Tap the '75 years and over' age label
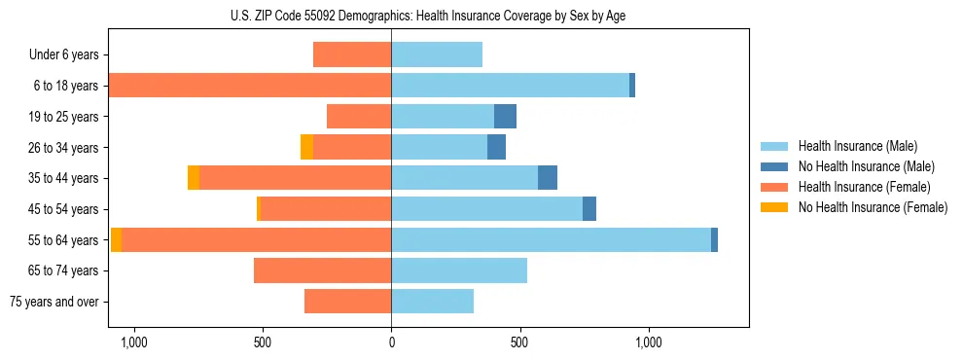[x=54, y=302]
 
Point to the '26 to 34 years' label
[x=61, y=148]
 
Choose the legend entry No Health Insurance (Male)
[x=866, y=166]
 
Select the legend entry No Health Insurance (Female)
[x=873, y=207]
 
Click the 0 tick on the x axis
[x=391, y=342]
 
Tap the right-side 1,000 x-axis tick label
[x=649, y=342]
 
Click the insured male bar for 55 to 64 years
[x=551, y=240]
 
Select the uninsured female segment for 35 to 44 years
[x=194, y=178]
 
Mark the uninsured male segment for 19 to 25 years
[x=505, y=117]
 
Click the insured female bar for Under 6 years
[x=352, y=54]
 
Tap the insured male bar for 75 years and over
[x=432, y=302]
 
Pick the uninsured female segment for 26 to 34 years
[x=306, y=148]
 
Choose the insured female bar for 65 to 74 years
[x=322, y=270]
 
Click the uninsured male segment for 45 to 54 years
[x=589, y=209]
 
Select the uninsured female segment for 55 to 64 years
[x=116, y=240]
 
